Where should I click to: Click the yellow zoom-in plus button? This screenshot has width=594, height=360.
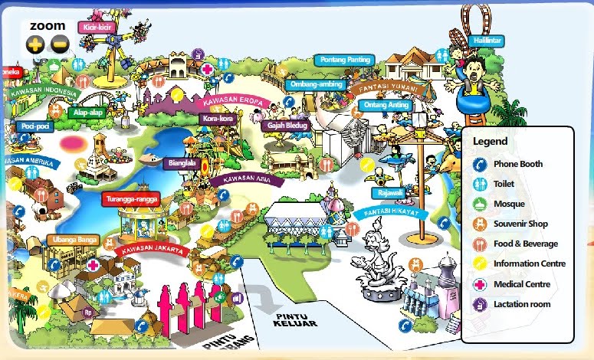coord(34,45)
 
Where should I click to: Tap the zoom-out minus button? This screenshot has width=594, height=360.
coord(60,45)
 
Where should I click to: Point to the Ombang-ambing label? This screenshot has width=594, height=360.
coord(316,83)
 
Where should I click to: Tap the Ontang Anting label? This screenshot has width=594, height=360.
coord(386,105)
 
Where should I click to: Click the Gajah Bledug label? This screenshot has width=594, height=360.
coord(284,125)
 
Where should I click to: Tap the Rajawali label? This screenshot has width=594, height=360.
coord(388,193)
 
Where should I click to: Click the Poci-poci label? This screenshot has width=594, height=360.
coord(35,126)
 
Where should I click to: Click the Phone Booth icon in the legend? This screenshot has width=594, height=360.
coord(481,164)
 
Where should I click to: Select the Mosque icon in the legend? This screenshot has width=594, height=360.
coord(481,204)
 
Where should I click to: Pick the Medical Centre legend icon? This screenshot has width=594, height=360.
coord(481,284)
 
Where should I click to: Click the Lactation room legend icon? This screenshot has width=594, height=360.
coord(481,304)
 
